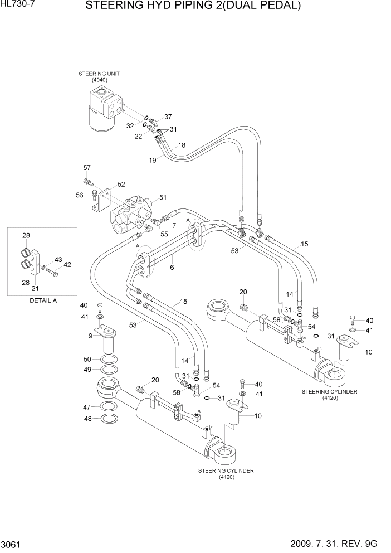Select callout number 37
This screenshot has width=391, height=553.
[x=168, y=117]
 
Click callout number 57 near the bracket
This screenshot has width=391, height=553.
[x=87, y=168]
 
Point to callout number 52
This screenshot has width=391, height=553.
[x=121, y=185]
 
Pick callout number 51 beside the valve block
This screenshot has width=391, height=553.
[x=163, y=197]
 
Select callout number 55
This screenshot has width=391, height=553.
[x=164, y=234]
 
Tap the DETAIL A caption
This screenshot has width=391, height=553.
[x=43, y=300]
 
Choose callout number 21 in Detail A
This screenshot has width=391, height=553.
[x=35, y=288]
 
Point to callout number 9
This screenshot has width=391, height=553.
[x=90, y=336]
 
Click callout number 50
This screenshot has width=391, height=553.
[x=87, y=359]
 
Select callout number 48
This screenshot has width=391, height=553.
[x=87, y=419]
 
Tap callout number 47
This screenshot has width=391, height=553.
[x=87, y=407]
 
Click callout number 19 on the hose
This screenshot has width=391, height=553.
[x=153, y=161]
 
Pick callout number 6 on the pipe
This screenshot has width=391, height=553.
[x=172, y=268]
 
